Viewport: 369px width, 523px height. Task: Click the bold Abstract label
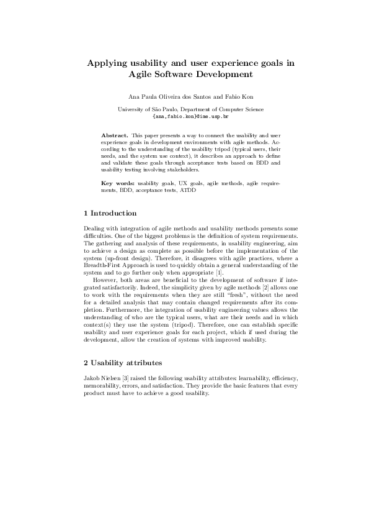[x=115, y=134]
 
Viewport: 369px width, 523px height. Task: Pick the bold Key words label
[x=118, y=184]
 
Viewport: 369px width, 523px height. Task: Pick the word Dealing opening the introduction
[x=94, y=230]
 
